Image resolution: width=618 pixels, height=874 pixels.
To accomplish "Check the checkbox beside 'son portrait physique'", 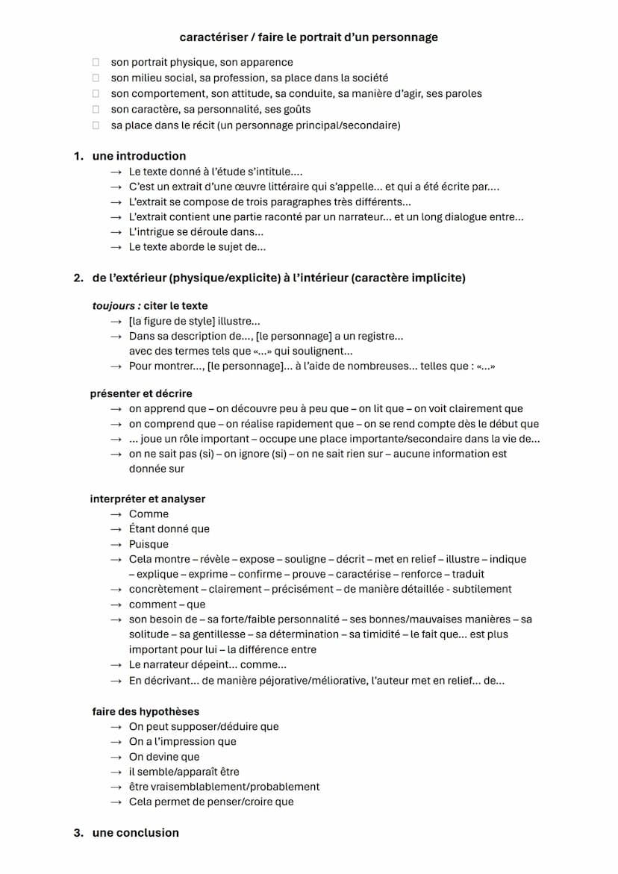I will tap(96, 62).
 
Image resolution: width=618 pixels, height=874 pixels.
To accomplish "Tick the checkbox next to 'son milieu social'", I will tap(96, 78).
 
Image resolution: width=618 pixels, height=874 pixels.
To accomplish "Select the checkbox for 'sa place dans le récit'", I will tap(96, 125).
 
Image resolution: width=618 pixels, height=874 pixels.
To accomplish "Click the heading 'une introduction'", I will tap(139, 156).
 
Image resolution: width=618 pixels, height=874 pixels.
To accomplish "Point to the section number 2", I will tap(78, 278).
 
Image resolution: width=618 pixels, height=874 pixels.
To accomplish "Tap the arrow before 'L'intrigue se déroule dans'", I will tap(115, 232).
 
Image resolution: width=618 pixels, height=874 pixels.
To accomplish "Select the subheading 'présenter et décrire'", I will tap(141, 393).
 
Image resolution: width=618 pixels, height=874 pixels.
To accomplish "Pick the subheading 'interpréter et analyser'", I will tap(148, 499).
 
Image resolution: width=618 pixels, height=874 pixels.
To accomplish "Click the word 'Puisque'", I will tap(149, 544).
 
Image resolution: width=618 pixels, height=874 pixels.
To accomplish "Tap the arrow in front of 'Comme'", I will tap(115, 514).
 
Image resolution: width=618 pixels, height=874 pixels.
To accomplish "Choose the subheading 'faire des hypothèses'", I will tap(146, 711).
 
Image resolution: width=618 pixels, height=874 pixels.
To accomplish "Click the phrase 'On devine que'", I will tap(164, 757).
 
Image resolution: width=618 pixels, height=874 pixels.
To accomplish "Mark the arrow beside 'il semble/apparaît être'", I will tap(115, 772).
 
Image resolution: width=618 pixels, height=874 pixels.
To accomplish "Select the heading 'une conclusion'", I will tap(135, 832).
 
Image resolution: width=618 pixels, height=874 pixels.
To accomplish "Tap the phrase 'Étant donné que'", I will tap(169, 529).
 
